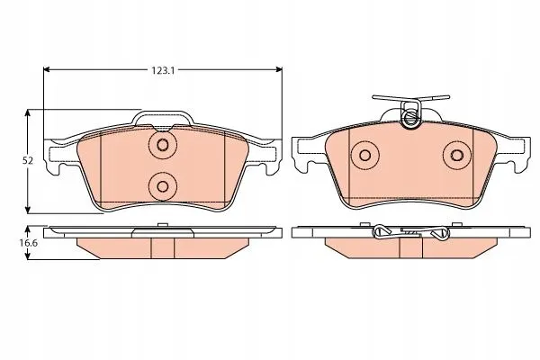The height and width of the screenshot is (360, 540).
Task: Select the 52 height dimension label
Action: (x=28, y=160)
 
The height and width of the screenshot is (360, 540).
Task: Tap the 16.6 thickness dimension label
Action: (x=29, y=243)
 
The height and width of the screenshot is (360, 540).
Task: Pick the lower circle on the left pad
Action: (x=162, y=186)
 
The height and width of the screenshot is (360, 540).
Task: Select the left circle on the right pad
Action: (x=365, y=156)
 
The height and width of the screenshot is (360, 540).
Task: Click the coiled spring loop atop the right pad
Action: (x=410, y=115)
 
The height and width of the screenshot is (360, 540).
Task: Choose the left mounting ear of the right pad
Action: (x=304, y=155)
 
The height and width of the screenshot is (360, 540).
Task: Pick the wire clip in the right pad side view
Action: (x=409, y=234)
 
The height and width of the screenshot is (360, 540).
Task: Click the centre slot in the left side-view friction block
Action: (x=162, y=247)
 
